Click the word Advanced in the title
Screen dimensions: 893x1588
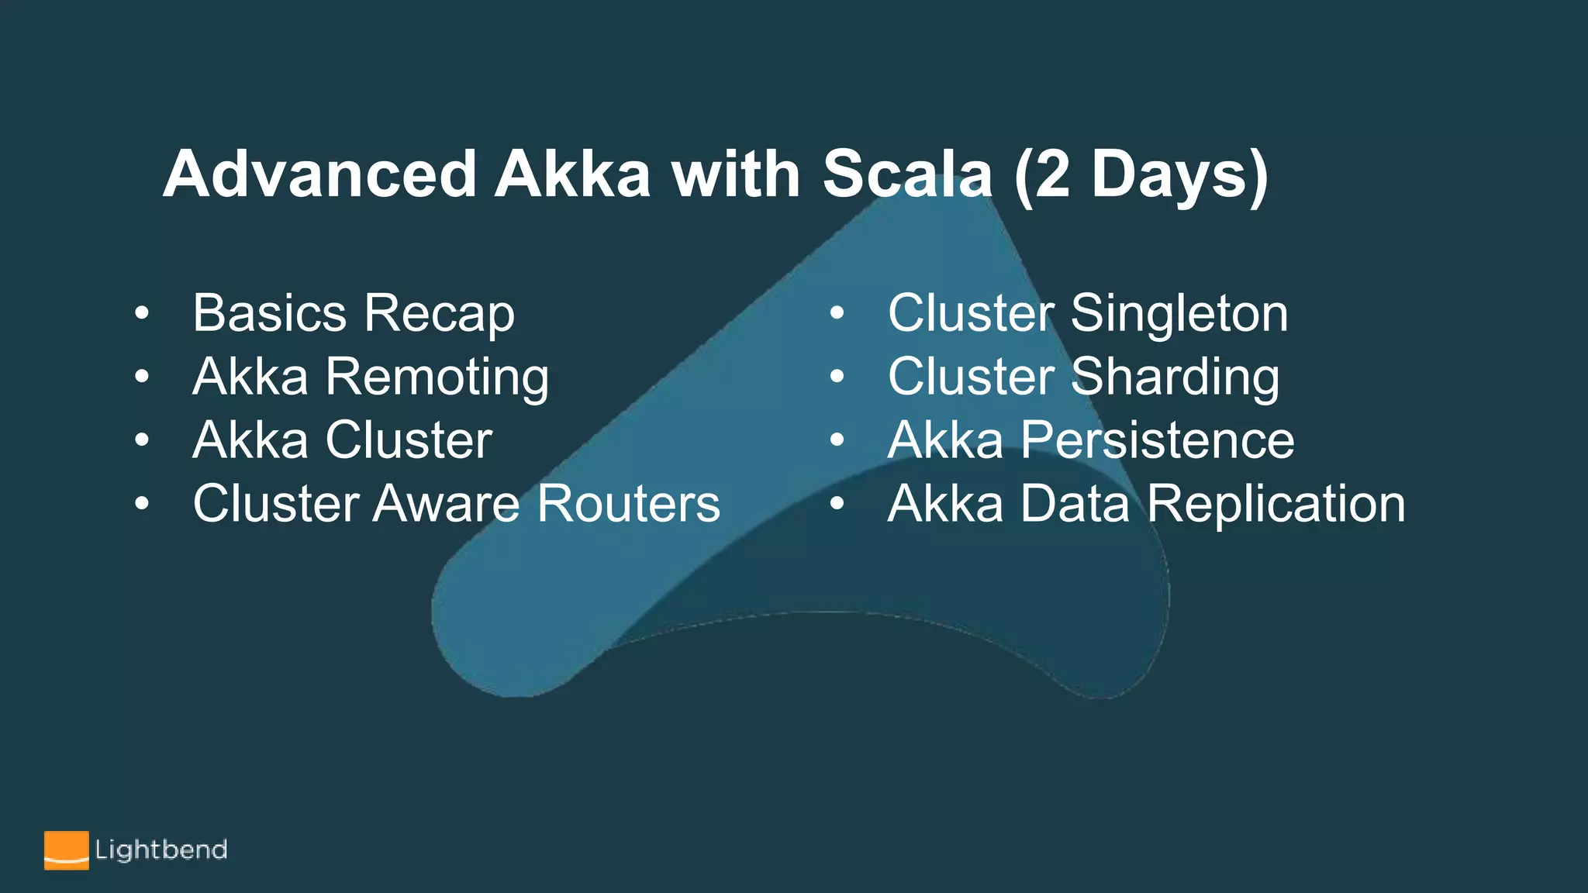[319, 174]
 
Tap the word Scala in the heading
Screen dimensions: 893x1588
[907, 174]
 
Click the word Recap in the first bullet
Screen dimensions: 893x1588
[439, 315]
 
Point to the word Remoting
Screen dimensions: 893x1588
[437, 378]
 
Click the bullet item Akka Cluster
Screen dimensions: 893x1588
[342, 440]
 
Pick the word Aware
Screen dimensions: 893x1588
[446, 504]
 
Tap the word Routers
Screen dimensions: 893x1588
[629, 504]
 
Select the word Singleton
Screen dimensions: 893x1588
[1179, 315]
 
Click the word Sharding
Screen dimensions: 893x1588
[1175, 378]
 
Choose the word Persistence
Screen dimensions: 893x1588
[1157, 440]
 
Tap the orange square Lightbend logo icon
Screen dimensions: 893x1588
[66, 850]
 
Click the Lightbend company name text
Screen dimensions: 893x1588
[161, 850]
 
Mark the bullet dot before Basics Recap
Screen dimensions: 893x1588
[141, 314]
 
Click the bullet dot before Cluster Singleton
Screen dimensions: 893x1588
[837, 314]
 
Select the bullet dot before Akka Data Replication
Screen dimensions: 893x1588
[837, 504]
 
